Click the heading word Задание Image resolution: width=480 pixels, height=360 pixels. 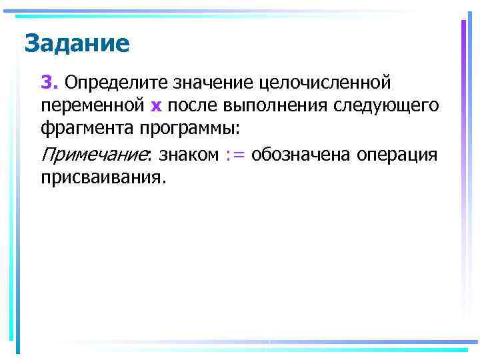pyautogui.click(x=77, y=44)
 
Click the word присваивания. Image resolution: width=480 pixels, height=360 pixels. pyautogui.click(x=101, y=177)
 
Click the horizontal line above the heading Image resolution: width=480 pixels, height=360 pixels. pyautogui.click(x=200, y=14)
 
